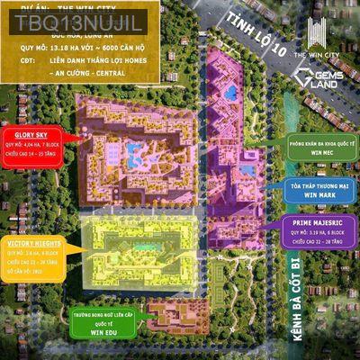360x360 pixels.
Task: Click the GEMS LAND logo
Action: [x=320, y=80]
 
